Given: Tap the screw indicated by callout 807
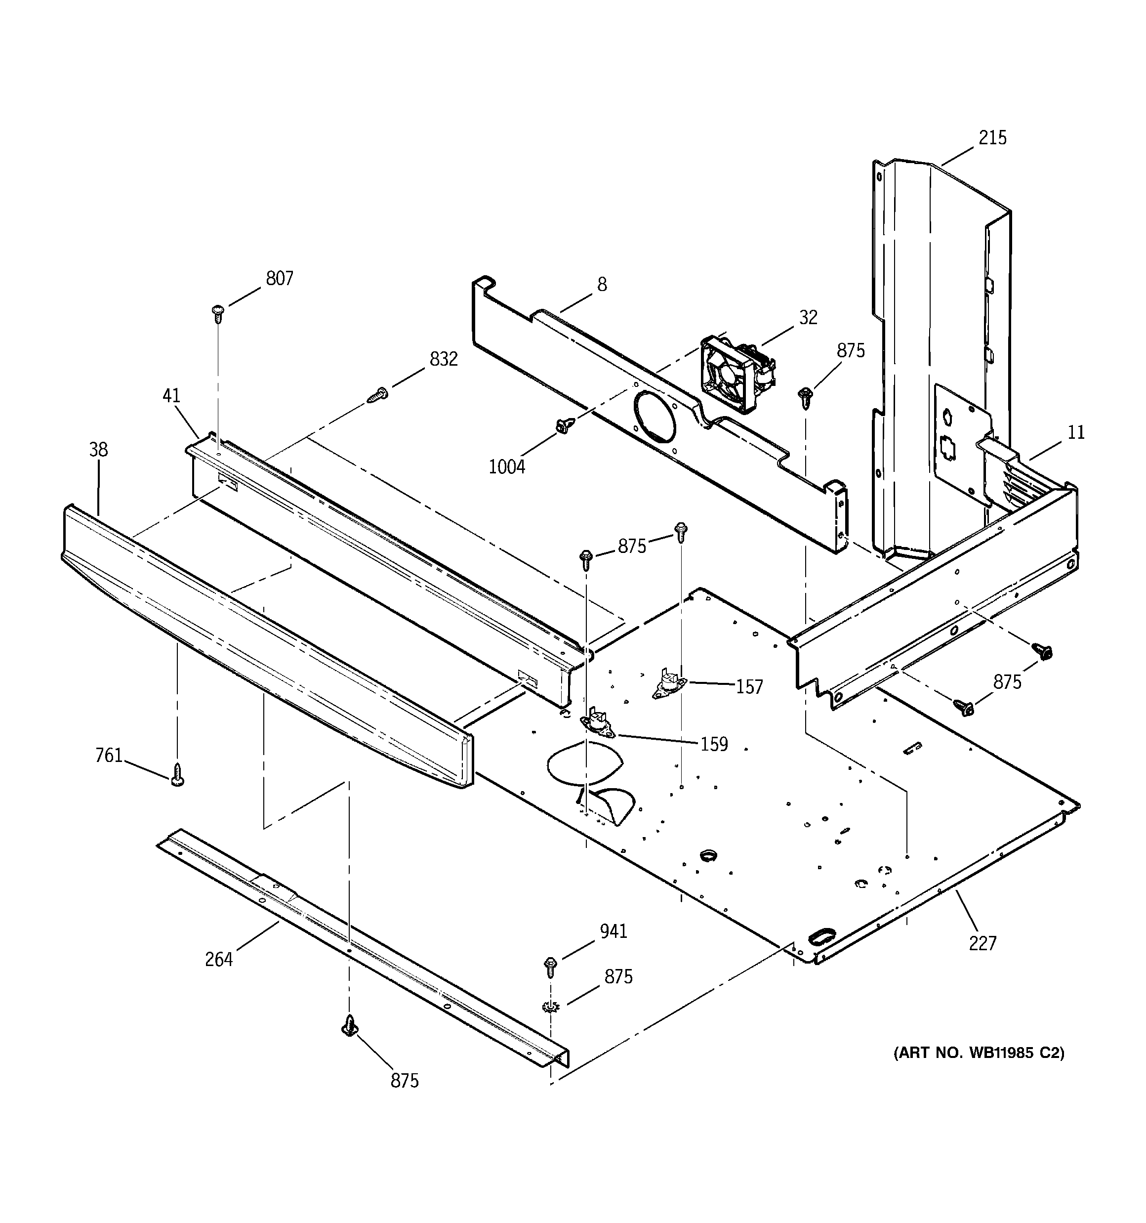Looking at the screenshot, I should click(217, 312).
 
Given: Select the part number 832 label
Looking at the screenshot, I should click(444, 359).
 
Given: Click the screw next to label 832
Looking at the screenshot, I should click(377, 395).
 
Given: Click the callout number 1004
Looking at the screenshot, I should click(507, 467).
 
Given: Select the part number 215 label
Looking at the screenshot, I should click(993, 138).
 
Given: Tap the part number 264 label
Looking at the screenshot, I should click(219, 959).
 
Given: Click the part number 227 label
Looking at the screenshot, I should click(982, 943).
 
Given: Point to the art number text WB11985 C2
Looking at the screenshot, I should click(979, 1053).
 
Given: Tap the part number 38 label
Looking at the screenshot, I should click(98, 450).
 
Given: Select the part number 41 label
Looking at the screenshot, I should click(171, 396).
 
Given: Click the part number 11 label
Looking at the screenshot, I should click(1076, 432).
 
